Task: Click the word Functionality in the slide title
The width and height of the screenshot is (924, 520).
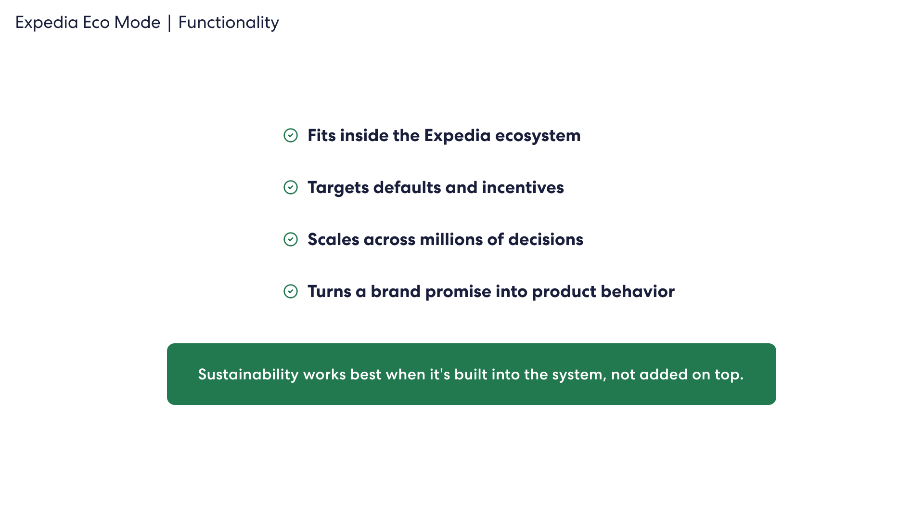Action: point(229,23)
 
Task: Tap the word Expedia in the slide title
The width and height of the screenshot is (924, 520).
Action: point(47,23)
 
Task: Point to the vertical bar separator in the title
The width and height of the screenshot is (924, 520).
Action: point(169,23)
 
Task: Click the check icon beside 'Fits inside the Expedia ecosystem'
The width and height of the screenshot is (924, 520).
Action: point(291,135)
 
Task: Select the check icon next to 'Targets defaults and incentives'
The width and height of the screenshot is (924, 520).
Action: point(291,187)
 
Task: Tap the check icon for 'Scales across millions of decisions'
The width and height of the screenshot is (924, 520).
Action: point(291,239)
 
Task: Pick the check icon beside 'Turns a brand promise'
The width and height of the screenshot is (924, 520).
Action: point(291,291)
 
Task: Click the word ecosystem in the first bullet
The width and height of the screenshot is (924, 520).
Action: point(538,136)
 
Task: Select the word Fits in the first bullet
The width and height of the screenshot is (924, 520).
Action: point(321,135)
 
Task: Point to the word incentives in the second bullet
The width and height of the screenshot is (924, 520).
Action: point(523,187)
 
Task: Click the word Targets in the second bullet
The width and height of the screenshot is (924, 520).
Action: point(338,188)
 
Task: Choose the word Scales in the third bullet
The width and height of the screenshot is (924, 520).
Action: point(334,239)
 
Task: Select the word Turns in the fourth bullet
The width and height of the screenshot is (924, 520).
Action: point(330,291)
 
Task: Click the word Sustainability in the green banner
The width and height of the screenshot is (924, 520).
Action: point(248,375)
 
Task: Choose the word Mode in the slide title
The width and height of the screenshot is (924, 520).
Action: point(137,23)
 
